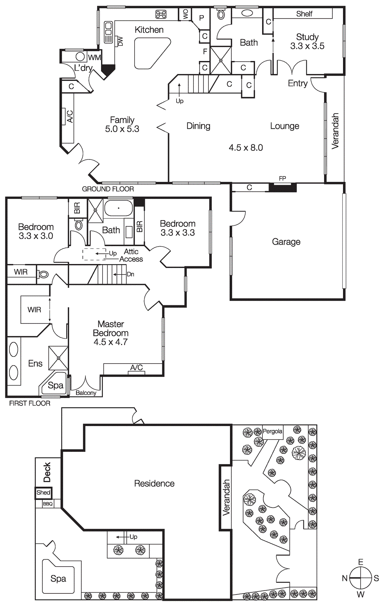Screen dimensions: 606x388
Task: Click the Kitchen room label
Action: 149,30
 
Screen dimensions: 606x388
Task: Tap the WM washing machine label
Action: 94,58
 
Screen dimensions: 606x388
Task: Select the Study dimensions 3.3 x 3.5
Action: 307,46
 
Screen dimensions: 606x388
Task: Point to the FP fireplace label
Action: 282,178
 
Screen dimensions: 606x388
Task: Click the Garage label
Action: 286,242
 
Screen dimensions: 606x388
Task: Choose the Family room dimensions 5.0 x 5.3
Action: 122,129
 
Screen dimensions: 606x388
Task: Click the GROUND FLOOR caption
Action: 108,189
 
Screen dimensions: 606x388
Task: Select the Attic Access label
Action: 131,256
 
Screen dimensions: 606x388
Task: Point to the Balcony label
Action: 86,393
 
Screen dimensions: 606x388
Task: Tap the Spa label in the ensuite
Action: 55,386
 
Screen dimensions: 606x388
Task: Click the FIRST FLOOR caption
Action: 29,403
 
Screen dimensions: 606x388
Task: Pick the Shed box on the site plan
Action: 43,493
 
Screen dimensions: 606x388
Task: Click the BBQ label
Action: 48,504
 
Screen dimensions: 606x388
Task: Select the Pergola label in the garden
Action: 272,431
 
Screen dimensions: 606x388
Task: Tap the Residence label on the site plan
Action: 154,484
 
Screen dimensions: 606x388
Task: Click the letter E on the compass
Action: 360,562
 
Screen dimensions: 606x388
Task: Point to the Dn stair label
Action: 130,274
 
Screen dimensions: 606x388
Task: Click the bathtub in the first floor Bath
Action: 118,208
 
